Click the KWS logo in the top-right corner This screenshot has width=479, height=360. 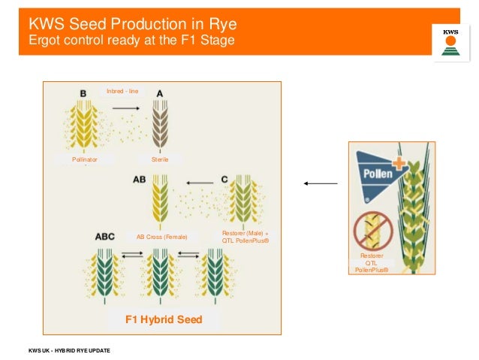(450, 40)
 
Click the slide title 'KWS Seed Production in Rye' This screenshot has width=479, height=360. (128, 23)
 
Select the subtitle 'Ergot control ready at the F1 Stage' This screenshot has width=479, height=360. (127, 40)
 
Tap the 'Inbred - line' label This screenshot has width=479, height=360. (122, 92)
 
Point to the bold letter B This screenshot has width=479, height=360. (83, 93)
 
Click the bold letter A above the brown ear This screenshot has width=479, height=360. (159, 93)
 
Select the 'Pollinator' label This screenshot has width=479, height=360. (84, 159)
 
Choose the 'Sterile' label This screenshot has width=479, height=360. (160, 159)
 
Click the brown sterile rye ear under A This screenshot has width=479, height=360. (160, 124)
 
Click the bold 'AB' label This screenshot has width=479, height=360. (140, 180)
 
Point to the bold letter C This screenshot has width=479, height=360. (224, 180)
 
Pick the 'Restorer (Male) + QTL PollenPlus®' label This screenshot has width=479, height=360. (246, 237)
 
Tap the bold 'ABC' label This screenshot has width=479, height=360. (105, 236)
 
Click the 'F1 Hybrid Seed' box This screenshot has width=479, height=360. (164, 319)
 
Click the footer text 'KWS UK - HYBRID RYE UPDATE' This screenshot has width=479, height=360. (69, 351)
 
